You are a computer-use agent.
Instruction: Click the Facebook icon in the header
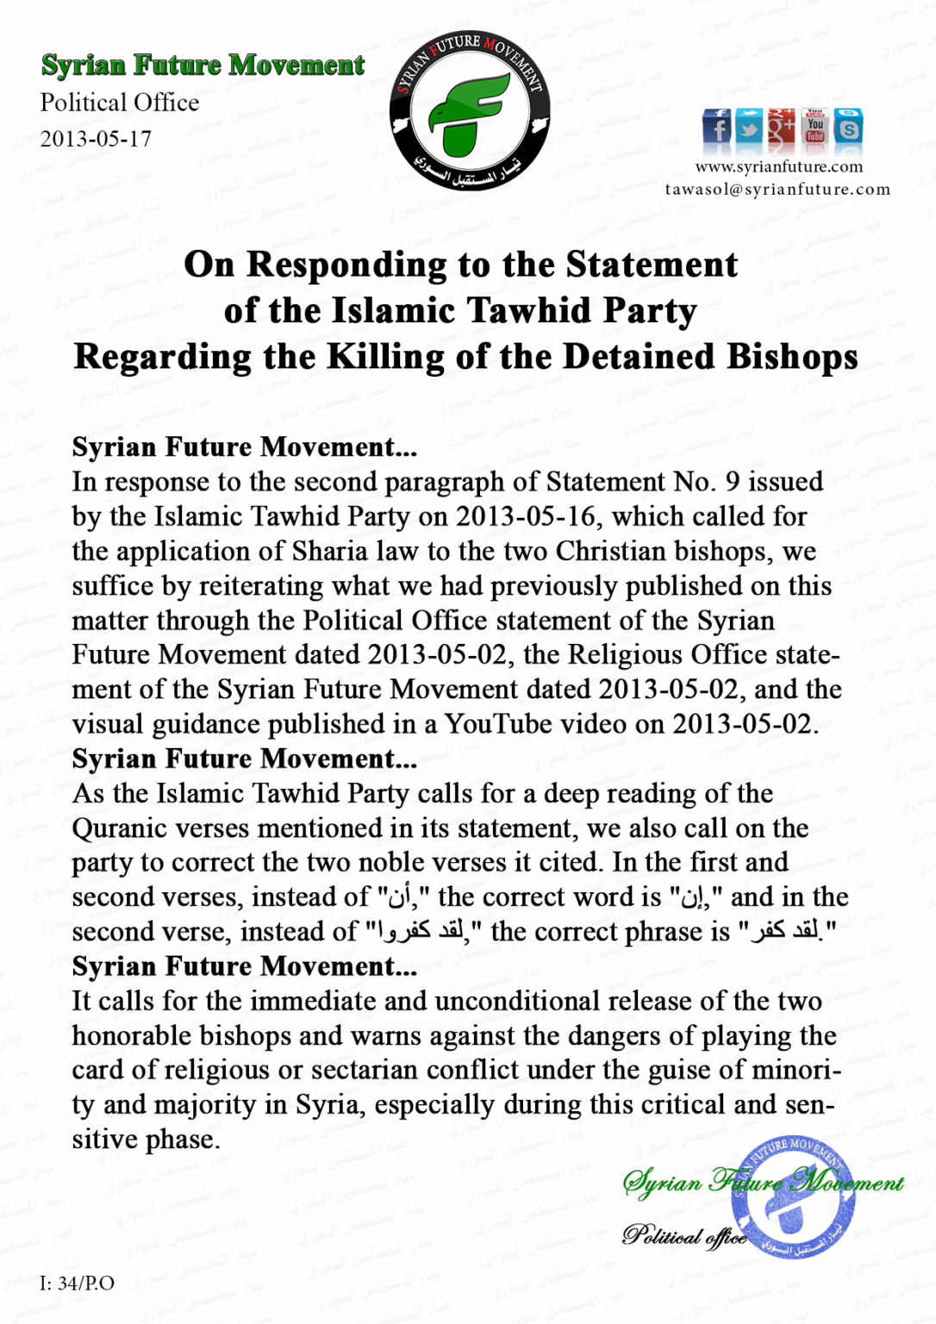[716, 128]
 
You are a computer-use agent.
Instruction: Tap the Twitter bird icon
[749, 128]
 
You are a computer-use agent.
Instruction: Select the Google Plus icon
[782, 128]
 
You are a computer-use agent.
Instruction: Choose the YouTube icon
[815, 128]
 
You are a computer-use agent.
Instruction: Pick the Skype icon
[849, 128]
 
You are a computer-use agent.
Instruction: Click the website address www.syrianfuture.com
[778, 166]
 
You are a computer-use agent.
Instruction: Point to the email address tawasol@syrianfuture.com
[777, 189]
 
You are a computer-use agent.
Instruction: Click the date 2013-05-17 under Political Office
[96, 139]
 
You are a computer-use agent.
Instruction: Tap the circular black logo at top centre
[470, 110]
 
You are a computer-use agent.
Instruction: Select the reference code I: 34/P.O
[77, 1283]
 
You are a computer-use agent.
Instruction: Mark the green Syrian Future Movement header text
[203, 66]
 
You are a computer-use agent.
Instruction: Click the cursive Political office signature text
[684, 1236]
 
